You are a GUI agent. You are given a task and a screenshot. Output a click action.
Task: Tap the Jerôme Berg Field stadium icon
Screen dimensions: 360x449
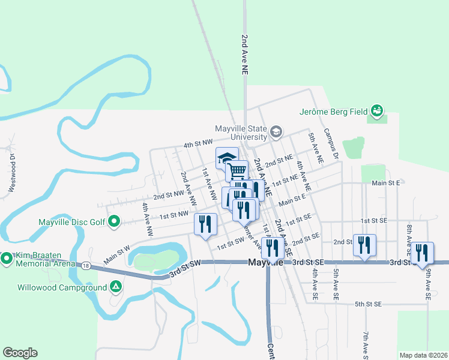coord(377,111)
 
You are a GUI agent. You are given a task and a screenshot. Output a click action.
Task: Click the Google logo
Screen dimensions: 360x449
coord(20,353)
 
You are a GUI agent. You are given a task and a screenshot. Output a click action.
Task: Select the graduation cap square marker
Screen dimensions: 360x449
coord(226,159)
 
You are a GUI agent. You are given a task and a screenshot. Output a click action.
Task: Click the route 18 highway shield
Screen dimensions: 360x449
coord(87,266)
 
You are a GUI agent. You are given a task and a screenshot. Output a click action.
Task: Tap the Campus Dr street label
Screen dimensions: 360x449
coord(332,143)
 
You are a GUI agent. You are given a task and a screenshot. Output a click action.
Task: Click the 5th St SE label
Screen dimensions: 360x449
coord(368,304)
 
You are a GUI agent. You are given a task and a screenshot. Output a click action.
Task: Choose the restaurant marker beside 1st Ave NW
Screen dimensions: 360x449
coord(205,224)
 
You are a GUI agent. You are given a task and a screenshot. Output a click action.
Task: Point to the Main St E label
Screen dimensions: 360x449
coord(385,183)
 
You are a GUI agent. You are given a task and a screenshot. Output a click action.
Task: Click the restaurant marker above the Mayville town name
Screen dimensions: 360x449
coord(273,247)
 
